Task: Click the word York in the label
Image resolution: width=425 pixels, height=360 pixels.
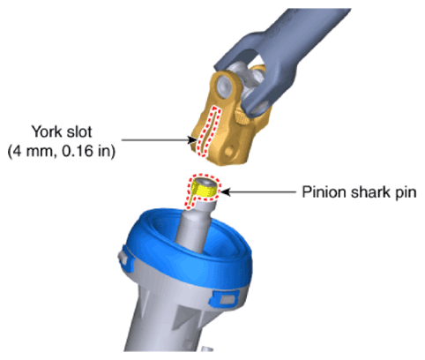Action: [x=47, y=131]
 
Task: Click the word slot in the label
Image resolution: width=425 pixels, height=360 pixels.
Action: [x=79, y=131]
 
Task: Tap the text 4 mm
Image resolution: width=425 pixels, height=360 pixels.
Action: [x=34, y=151]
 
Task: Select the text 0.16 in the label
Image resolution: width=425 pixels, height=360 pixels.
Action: [x=77, y=151]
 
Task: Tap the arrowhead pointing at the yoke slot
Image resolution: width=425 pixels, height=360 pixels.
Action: [x=192, y=140]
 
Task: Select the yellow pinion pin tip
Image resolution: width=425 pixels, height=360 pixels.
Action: [x=205, y=189]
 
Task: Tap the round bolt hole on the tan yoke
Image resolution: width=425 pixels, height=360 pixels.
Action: [x=228, y=152]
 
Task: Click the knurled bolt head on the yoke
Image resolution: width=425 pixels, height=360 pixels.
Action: [x=242, y=116]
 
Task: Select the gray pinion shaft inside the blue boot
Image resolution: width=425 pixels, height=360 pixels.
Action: [x=195, y=227]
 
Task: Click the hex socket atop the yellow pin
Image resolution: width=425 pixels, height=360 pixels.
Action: [x=205, y=184]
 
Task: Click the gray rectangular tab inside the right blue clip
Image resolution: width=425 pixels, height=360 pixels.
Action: [x=227, y=300]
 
